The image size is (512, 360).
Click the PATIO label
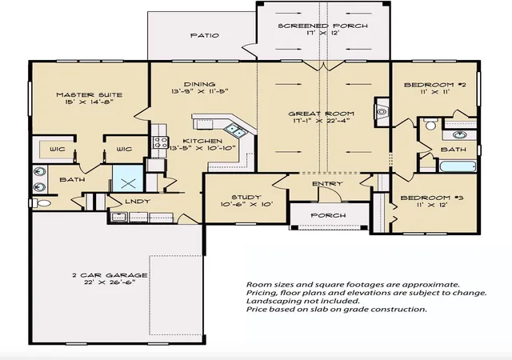click(x=205, y=35)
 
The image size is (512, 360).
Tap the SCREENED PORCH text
click(x=323, y=26)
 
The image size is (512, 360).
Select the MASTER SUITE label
click(x=90, y=94)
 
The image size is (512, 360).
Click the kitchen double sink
click(x=235, y=130)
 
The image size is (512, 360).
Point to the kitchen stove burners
click(x=160, y=142)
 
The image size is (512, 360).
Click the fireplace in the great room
click(x=382, y=112)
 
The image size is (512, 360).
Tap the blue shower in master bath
click(x=128, y=178)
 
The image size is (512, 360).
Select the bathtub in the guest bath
click(x=458, y=166)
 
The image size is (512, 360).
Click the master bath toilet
click(x=41, y=203)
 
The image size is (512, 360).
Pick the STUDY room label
click(x=246, y=197)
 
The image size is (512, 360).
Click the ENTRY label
click(x=327, y=183)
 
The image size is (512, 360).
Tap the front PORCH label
click(x=328, y=215)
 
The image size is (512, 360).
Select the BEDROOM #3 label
click(x=432, y=198)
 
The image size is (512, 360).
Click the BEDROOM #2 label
click(x=435, y=85)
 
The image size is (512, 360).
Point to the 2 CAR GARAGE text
click(x=110, y=275)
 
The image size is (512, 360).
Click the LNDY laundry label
click(x=138, y=202)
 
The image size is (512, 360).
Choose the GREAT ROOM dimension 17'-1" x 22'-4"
click(x=322, y=121)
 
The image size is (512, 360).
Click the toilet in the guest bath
click(x=430, y=125)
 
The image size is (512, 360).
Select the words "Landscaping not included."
click(x=302, y=301)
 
